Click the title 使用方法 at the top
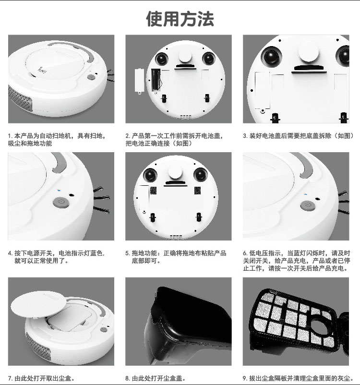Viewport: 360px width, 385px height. click(180, 19)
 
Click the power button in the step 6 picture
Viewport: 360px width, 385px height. click(308, 205)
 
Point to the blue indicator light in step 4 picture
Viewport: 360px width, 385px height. click(59, 190)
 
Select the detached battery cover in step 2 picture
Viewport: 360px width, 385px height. click(140, 81)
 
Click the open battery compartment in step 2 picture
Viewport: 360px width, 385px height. click(156, 79)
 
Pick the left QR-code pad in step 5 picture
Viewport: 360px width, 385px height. click(153, 191)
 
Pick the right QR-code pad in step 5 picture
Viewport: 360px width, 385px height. click(197, 190)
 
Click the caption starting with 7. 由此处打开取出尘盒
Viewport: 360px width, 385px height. click(41, 378)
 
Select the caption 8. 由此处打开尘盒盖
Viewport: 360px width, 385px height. click(156, 378)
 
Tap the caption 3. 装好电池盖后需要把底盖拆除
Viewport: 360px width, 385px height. click(299, 136)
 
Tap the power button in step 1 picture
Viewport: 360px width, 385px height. click(91, 77)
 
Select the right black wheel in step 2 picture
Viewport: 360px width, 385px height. click(208, 59)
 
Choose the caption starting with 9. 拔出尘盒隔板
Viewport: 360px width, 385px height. click(299, 378)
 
